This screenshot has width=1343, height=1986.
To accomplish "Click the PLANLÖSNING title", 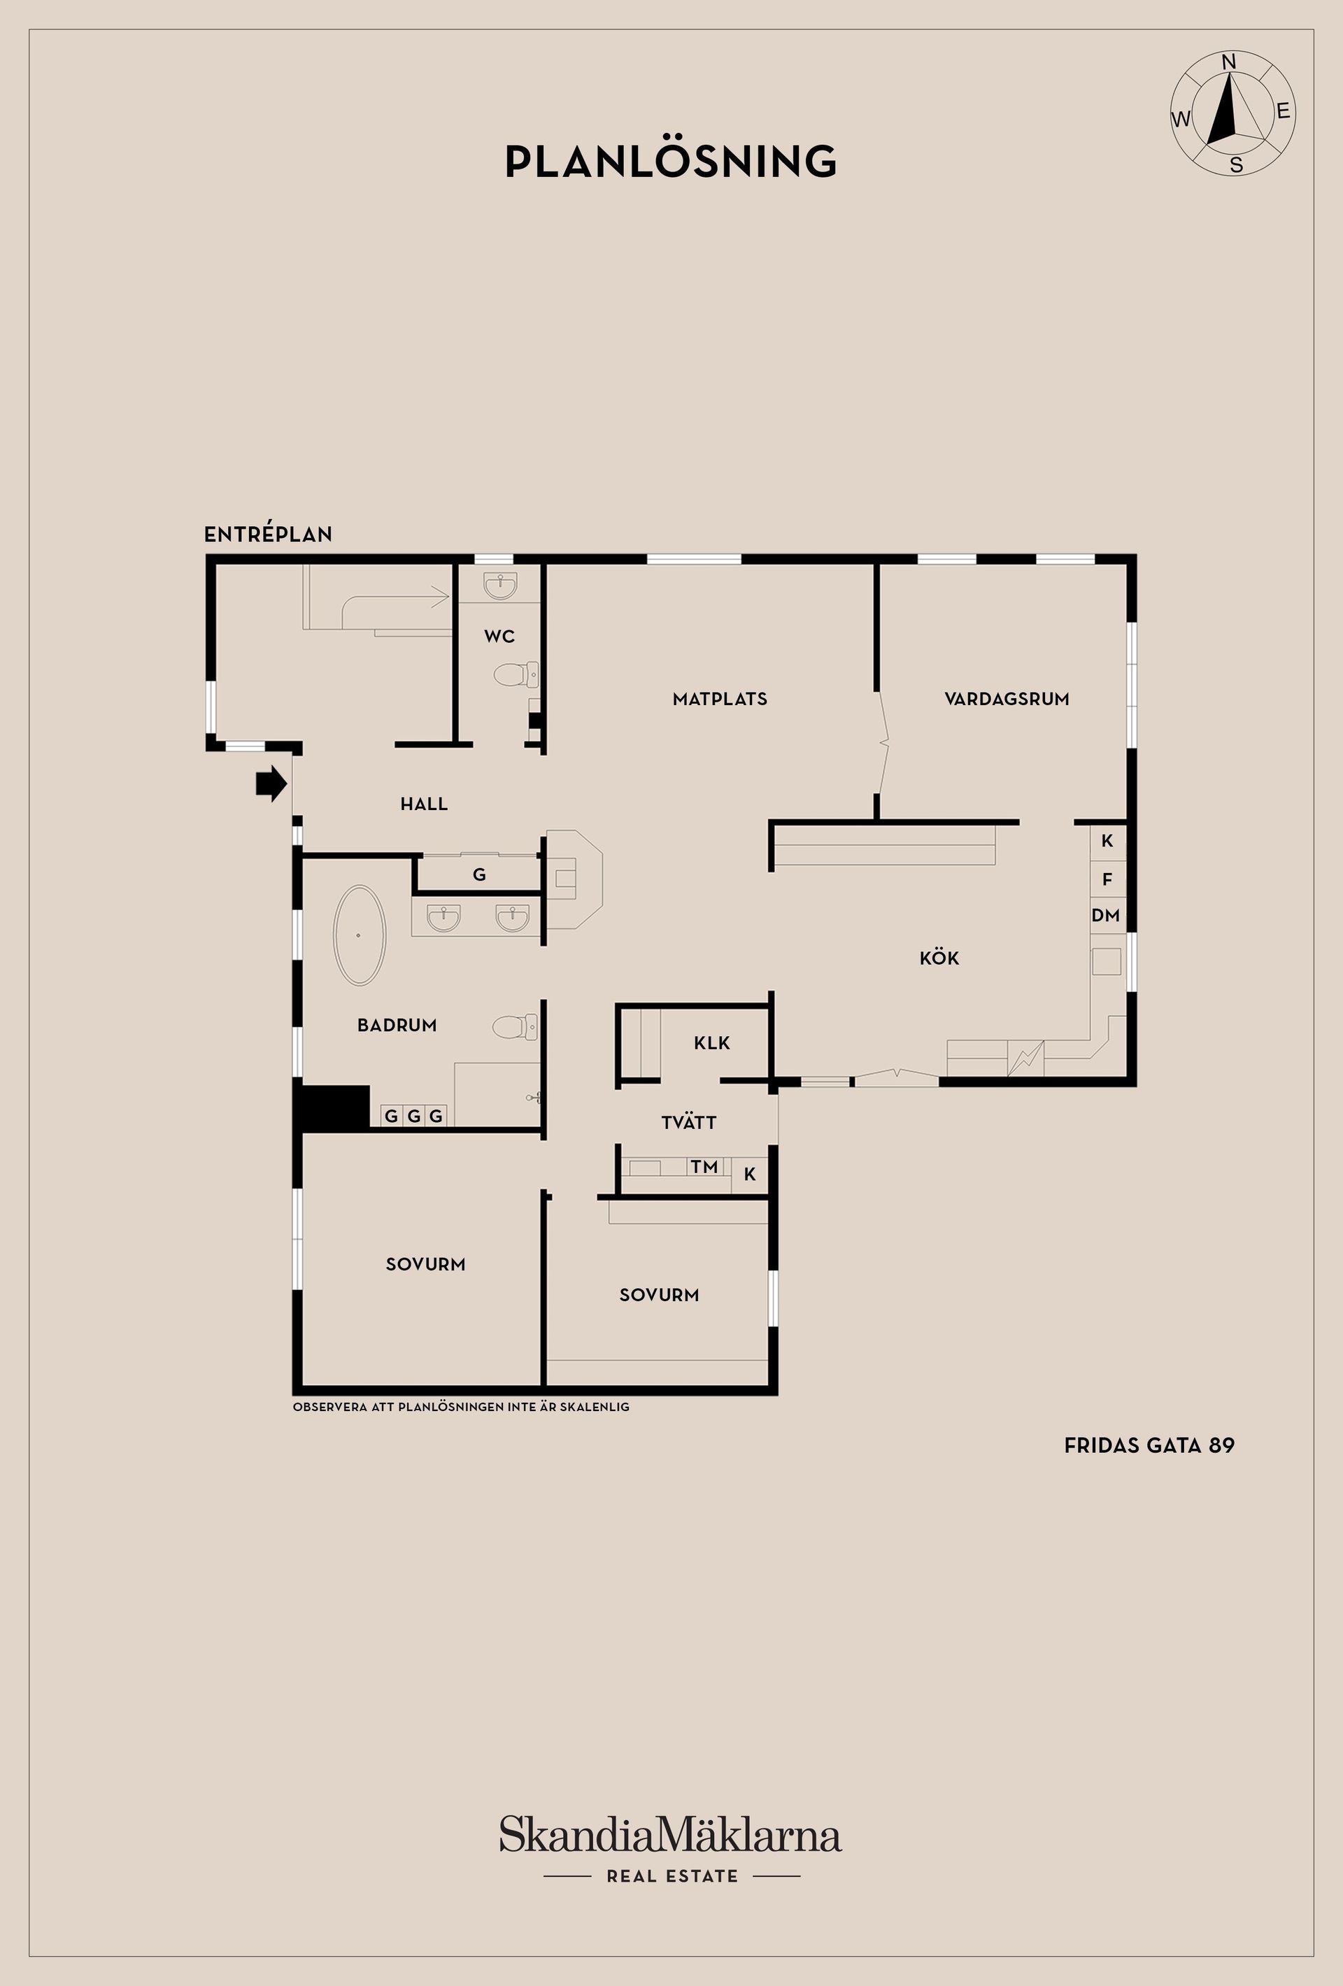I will [671, 162].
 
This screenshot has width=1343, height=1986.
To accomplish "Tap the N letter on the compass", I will [1230, 62].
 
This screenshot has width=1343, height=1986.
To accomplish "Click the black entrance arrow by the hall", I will [271, 783].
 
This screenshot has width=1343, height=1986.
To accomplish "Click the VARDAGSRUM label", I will [1007, 699].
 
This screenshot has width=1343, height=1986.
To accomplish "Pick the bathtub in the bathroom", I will [359, 935].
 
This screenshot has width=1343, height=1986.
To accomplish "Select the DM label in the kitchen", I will [1105, 915].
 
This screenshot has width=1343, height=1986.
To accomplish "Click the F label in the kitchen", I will [1107, 879].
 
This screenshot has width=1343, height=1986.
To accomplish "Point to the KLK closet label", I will [711, 1042].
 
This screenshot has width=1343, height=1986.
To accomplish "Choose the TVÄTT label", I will [688, 1123].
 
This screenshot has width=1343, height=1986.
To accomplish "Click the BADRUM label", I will [397, 1025].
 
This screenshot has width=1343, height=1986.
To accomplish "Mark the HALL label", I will [424, 803].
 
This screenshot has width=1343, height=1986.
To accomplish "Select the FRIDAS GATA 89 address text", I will [1149, 1445].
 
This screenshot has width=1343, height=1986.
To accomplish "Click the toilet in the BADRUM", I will [515, 1026].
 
